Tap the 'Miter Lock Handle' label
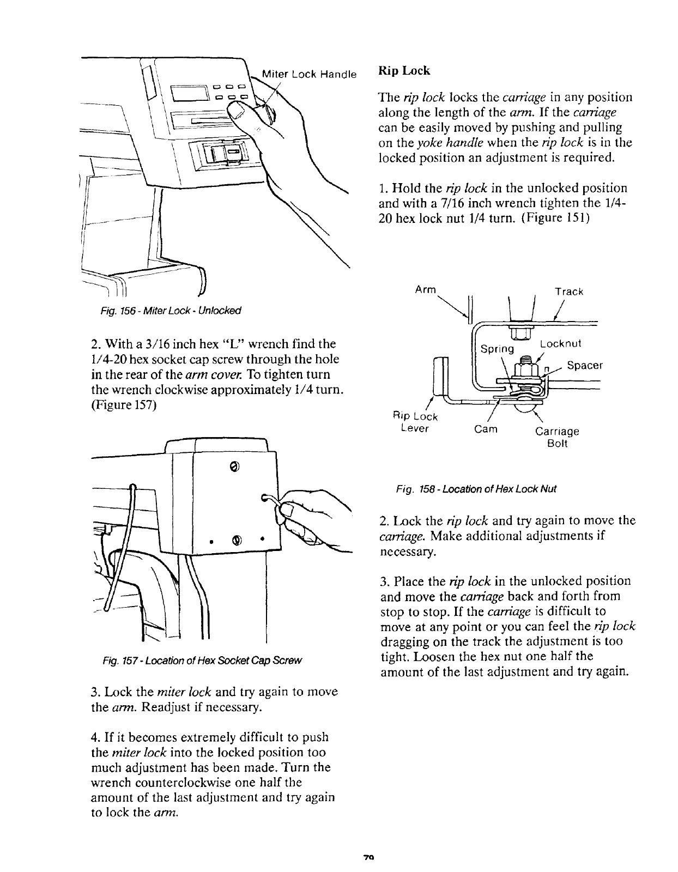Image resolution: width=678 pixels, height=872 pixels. coord(309,74)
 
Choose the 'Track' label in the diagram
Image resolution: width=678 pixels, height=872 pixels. coord(569,292)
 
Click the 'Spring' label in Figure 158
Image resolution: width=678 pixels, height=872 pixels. coord(497,348)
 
